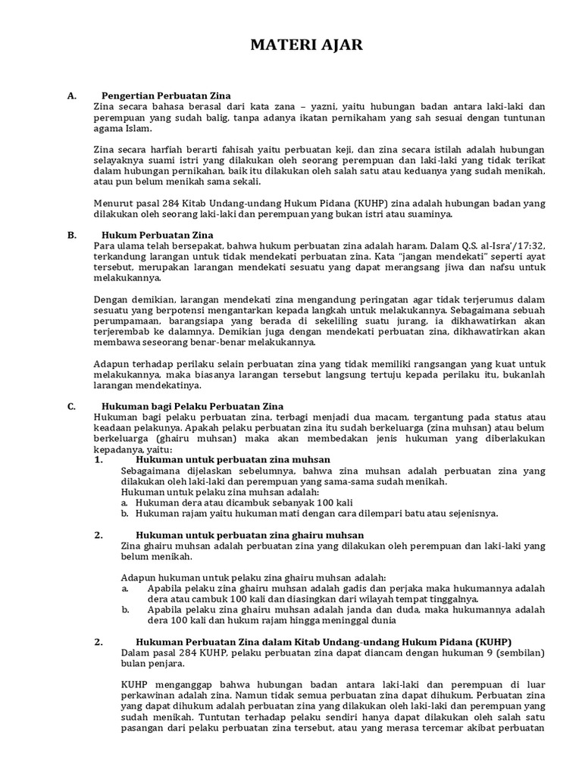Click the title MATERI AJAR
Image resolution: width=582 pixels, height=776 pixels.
point(307,46)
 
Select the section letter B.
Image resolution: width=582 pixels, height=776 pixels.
point(71,235)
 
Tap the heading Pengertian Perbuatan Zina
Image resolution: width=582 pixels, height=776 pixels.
point(156,96)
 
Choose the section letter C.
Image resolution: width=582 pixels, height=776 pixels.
point(71,406)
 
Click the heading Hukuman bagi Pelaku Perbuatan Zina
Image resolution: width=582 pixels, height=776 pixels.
point(188,406)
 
